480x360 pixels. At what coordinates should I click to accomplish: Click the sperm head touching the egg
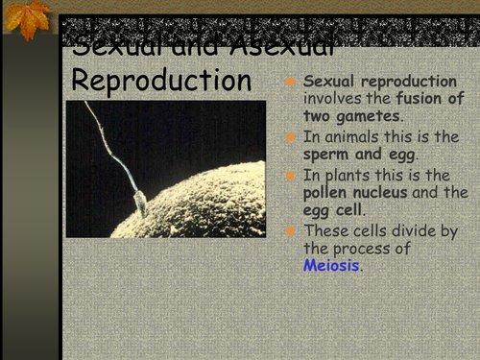tap(140, 204)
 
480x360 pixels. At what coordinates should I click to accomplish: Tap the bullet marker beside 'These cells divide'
tap(291, 230)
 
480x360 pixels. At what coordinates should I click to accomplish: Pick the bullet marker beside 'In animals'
tap(291, 137)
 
